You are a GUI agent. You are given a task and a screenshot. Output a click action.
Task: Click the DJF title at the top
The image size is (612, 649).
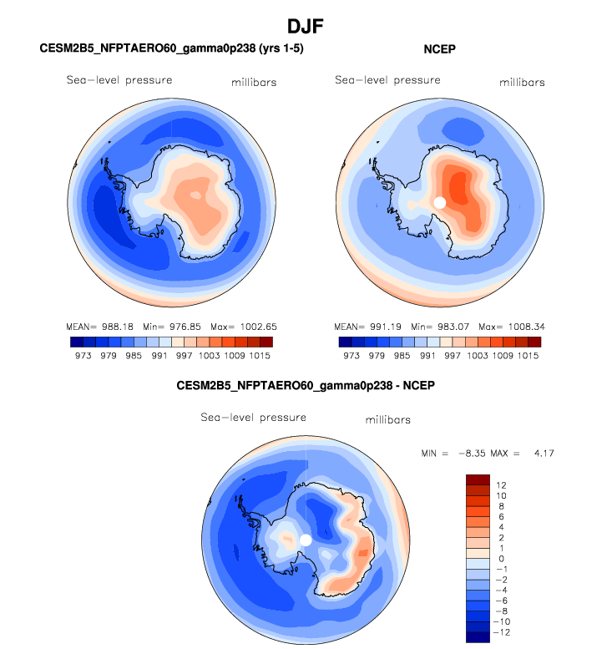pyautogui.click(x=305, y=27)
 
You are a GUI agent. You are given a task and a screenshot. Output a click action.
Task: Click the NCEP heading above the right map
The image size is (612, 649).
pyautogui.click(x=439, y=50)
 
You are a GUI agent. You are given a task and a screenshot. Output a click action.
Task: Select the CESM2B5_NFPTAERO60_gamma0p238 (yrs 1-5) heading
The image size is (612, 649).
pyautogui.click(x=171, y=50)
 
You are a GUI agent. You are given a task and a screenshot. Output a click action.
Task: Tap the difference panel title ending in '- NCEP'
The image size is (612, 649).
pyautogui.click(x=306, y=386)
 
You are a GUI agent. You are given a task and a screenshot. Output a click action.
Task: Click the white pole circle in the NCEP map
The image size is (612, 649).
pyautogui.click(x=440, y=202)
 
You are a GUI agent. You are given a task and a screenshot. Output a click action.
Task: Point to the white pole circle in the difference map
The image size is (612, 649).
pyautogui.click(x=306, y=540)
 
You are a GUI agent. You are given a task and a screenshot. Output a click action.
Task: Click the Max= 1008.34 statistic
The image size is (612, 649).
pyautogui.click(x=510, y=326)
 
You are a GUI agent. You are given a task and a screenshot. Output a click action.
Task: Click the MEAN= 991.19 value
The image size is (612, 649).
pyautogui.click(x=366, y=326)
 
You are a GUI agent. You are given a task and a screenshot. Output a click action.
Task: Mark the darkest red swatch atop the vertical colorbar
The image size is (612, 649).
pyautogui.click(x=478, y=479)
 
